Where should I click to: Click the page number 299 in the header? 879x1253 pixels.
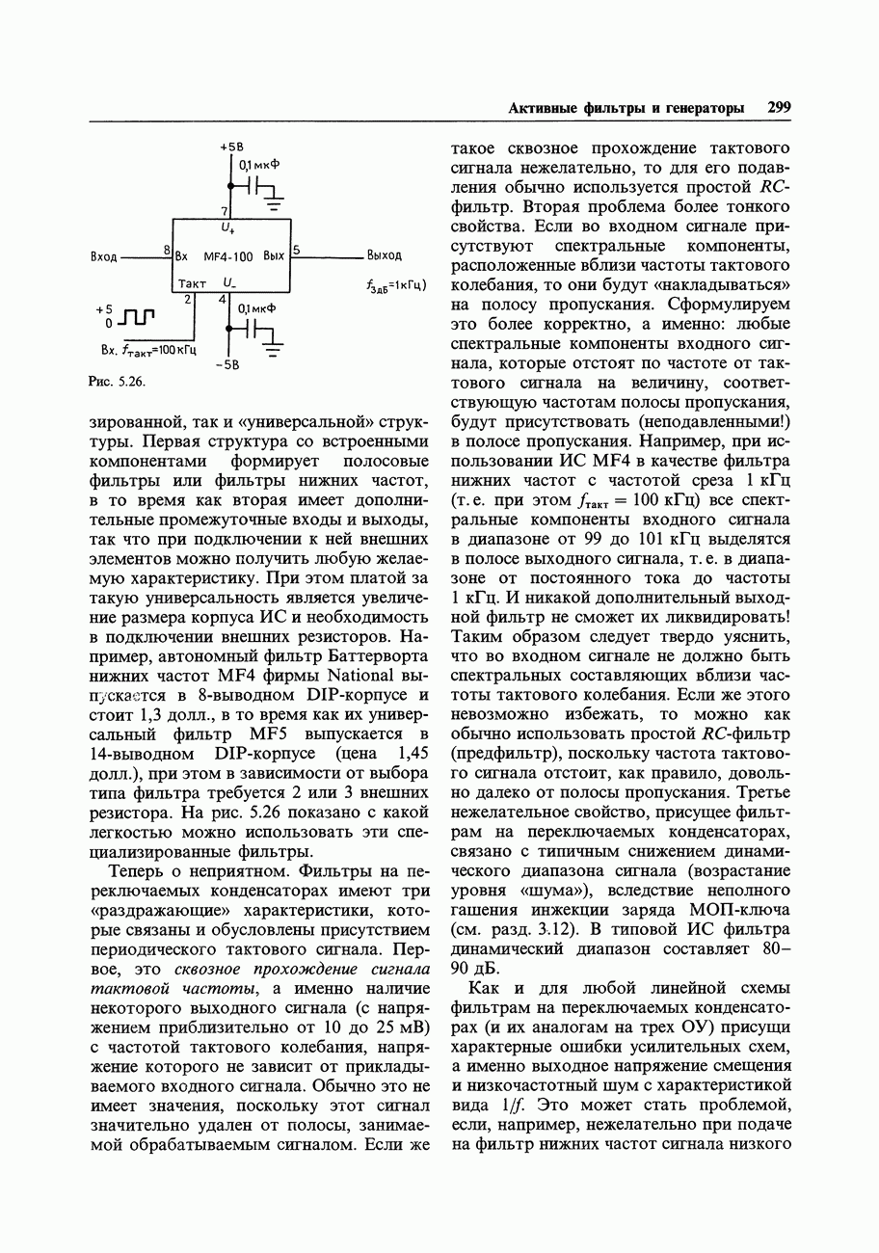click(779, 108)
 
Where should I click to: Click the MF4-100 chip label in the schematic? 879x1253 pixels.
click(228, 257)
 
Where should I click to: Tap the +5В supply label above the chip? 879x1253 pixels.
click(230, 147)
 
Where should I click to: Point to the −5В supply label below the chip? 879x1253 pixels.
click(228, 364)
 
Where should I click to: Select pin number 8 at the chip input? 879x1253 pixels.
click(167, 251)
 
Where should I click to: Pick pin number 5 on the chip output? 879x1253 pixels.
click(298, 251)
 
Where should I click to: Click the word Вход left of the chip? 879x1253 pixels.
click(104, 257)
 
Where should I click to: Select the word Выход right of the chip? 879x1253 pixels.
click(384, 256)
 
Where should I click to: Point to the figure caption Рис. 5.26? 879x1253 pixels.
click(116, 383)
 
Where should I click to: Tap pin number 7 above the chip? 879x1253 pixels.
click(225, 211)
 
